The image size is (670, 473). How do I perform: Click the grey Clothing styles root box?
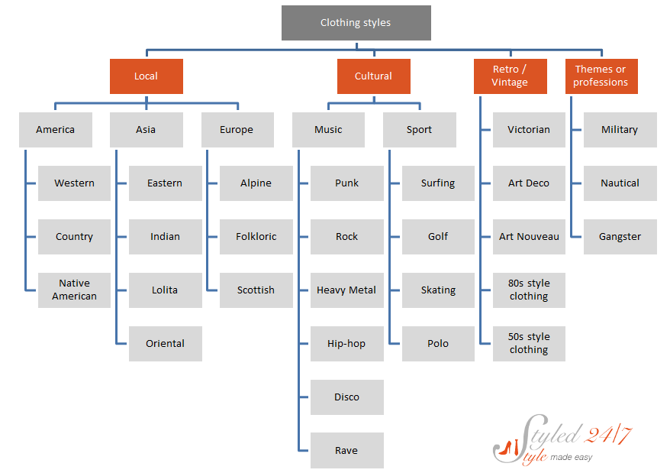pos(356,23)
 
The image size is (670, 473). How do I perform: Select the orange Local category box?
pos(147,76)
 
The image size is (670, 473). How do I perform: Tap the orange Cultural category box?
pos(373,76)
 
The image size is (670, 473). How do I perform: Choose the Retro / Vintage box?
pos(511,76)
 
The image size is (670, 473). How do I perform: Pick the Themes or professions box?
pos(601,76)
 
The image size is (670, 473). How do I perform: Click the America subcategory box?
pos(56,130)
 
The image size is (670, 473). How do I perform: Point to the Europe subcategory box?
pos(237,130)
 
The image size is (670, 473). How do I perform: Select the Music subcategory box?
pos(328,130)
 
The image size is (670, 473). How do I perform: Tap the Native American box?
pos(74,290)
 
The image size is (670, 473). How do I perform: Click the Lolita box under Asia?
pos(166,290)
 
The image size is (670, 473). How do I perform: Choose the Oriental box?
pos(166,344)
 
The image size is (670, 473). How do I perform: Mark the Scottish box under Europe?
pos(256,290)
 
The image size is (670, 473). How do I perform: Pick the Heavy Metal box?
pos(347,290)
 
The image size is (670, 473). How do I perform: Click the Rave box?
pos(347,450)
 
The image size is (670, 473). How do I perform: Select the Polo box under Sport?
pos(438,344)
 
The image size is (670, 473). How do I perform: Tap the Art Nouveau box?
pos(529,237)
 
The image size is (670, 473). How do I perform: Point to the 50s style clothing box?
pos(529,344)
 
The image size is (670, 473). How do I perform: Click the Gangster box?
pos(620,237)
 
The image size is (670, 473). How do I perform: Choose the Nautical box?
pos(620,183)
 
